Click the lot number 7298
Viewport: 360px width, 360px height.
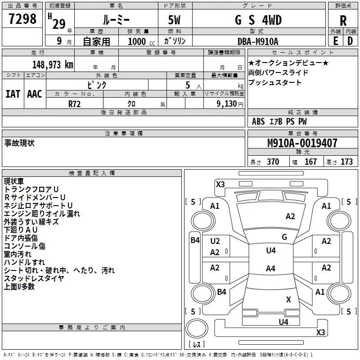(22, 20)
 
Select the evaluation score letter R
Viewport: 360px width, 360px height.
(343, 21)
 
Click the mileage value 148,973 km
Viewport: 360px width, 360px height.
(53, 65)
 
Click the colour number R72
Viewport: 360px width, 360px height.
(75, 103)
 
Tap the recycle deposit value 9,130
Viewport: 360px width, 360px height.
(226, 103)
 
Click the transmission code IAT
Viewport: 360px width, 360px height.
(13, 94)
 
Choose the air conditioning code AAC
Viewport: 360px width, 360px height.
(35, 94)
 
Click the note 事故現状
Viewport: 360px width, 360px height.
(19, 143)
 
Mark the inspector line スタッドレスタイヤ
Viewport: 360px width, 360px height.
(34, 278)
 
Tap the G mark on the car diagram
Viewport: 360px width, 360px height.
(284, 237)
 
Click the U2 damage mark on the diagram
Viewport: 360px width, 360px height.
(215, 241)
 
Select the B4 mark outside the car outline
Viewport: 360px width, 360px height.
(194, 240)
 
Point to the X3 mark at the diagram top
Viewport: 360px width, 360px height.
(220, 184)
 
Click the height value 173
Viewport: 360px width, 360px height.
(346, 162)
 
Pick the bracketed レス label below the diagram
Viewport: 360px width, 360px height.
(197, 345)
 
